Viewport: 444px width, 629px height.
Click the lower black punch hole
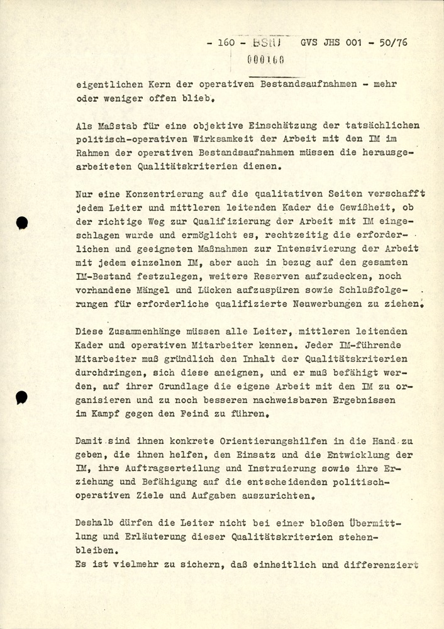pyautogui.click(x=22, y=396)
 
